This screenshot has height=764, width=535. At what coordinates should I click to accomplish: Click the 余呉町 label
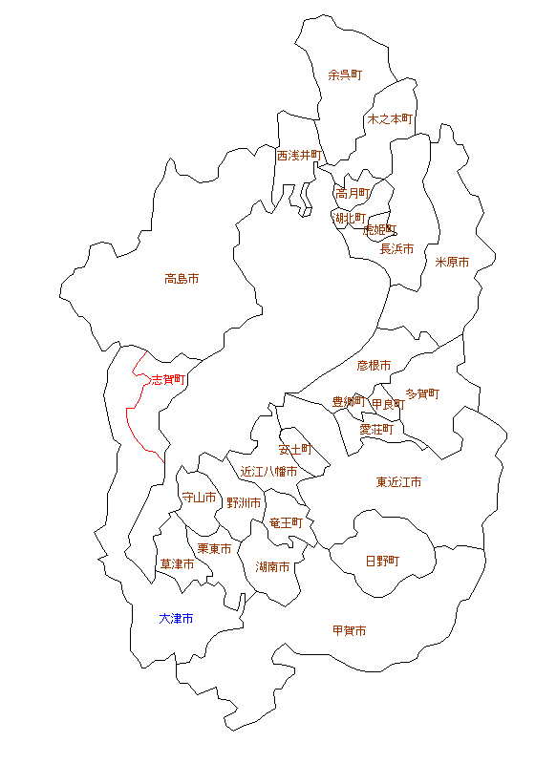point(345,74)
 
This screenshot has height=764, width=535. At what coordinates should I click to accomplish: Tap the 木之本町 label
point(390,119)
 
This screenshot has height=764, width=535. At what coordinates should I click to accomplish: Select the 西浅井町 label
point(300,155)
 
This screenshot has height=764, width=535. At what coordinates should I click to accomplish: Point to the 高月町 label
point(353,193)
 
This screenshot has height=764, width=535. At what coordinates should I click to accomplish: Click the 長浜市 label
point(396,249)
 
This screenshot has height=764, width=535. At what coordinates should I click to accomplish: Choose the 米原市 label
point(452,262)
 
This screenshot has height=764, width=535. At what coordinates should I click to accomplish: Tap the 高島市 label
point(182,279)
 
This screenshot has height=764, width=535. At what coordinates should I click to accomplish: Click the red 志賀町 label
point(169,379)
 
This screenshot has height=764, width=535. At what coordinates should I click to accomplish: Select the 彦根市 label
point(374,366)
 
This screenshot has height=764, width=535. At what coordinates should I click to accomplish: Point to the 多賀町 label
point(422,393)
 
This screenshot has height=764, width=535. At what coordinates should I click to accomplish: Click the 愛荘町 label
point(375,430)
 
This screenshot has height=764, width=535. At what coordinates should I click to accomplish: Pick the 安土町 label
point(295,448)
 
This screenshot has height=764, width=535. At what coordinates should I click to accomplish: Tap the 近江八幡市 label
point(268,472)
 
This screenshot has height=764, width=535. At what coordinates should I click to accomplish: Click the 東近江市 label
point(398,482)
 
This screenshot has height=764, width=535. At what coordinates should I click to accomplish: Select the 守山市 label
point(199,498)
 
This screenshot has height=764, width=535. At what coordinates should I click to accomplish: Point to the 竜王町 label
point(286,523)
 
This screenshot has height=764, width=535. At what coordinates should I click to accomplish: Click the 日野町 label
point(382,561)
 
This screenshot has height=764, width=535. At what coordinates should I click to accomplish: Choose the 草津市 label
point(177,564)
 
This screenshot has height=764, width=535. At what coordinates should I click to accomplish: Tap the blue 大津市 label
point(176,619)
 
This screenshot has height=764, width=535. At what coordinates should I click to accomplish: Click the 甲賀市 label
point(349,631)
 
